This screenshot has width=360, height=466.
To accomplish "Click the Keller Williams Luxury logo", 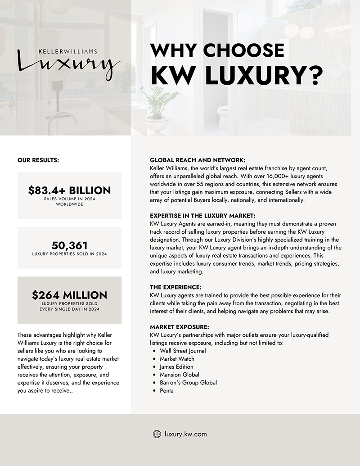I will click(69, 63).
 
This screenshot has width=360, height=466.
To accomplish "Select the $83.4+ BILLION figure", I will click(69, 190).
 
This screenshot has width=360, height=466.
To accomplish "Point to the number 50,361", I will click(69, 245).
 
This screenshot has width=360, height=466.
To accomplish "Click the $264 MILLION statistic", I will click(69, 295).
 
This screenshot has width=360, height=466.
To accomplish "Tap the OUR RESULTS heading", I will click(38, 159).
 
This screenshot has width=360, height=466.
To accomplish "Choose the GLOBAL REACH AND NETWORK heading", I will click(198, 160).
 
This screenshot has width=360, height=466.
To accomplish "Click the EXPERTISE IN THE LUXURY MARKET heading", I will click(202, 216).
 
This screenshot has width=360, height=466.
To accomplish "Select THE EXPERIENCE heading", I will click(175, 287).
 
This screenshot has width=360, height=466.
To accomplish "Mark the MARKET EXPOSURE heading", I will click(179, 326).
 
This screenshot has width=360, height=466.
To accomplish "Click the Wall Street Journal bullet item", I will click(183, 350).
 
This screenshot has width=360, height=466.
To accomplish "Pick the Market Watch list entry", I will click(177, 358).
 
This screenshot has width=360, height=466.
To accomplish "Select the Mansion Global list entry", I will click(179, 375).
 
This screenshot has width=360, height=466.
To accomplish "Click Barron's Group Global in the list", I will click(188, 383).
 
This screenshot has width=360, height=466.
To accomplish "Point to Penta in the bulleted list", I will click(166, 391).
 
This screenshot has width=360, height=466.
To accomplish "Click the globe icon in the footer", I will click(157, 434).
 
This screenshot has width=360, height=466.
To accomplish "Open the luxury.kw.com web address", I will click(186, 434).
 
